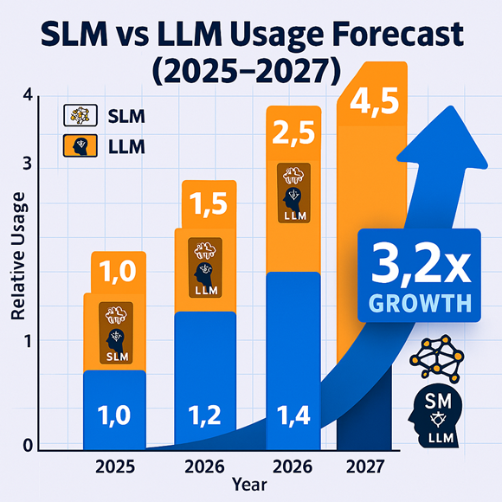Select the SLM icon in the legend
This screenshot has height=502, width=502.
(78, 115)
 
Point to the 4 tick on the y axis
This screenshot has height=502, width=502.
(27, 96)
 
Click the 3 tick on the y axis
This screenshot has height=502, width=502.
(27, 163)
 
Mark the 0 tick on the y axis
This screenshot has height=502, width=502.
(27, 446)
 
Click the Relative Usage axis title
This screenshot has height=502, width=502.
(18, 261)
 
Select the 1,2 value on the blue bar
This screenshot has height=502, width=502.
(206, 415)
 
